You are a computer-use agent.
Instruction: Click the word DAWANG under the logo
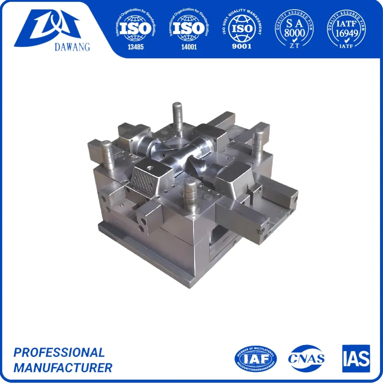pos(52,47)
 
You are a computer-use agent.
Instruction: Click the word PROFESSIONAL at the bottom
pos(59,352)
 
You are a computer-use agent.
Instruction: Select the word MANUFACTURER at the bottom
pos(63,368)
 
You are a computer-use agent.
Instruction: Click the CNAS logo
pos(306,358)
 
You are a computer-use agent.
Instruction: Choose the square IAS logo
pos(356,358)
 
